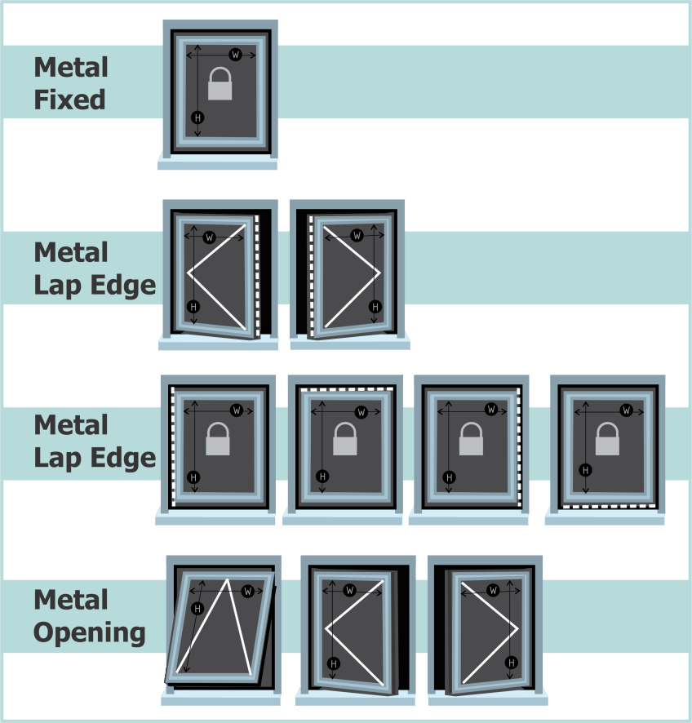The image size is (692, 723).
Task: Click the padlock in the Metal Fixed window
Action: (x=220, y=84)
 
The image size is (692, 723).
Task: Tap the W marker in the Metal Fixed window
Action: (x=235, y=55)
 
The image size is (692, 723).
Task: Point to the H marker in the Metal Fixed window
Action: (x=197, y=118)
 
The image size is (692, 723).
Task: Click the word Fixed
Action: (x=69, y=100)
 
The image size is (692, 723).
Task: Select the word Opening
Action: (x=90, y=632)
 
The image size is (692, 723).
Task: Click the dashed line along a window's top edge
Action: (x=348, y=390)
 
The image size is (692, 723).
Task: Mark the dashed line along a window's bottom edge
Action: (x=607, y=506)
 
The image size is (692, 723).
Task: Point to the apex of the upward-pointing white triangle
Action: (x=226, y=580)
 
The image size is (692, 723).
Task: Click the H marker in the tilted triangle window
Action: (x=197, y=609)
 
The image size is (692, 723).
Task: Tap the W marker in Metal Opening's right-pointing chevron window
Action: (x=493, y=590)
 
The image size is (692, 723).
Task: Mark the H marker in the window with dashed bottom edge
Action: (x=584, y=469)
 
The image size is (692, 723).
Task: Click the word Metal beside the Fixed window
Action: (x=71, y=68)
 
